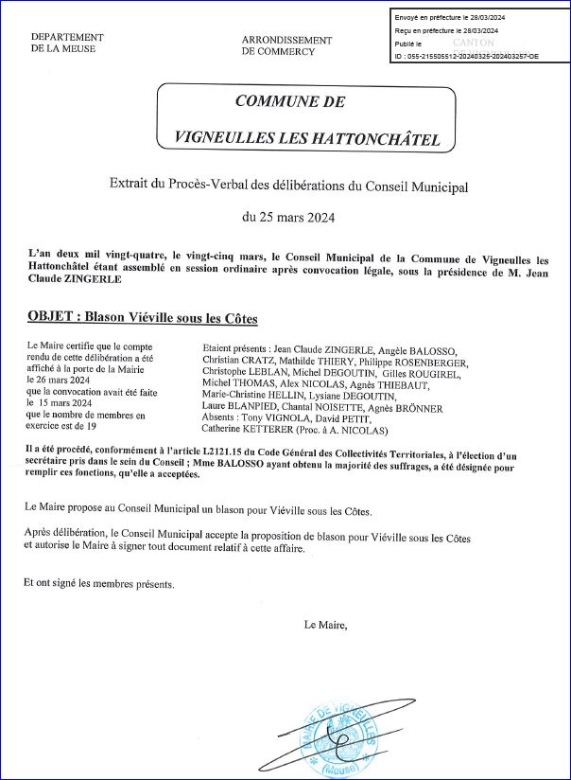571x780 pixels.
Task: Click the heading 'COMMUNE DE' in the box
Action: pyautogui.click(x=289, y=102)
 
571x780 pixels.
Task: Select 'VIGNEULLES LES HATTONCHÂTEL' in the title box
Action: pyautogui.click(x=307, y=139)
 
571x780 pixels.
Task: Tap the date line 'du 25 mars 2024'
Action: pyautogui.click(x=288, y=217)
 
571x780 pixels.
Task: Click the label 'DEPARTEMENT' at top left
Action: pyautogui.click(x=67, y=37)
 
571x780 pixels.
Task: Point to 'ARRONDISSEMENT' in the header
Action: pyautogui.click(x=286, y=41)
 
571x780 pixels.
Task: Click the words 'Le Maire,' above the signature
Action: pyautogui.click(x=326, y=625)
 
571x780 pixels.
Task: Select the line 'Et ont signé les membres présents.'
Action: pyautogui.click(x=99, y=584)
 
